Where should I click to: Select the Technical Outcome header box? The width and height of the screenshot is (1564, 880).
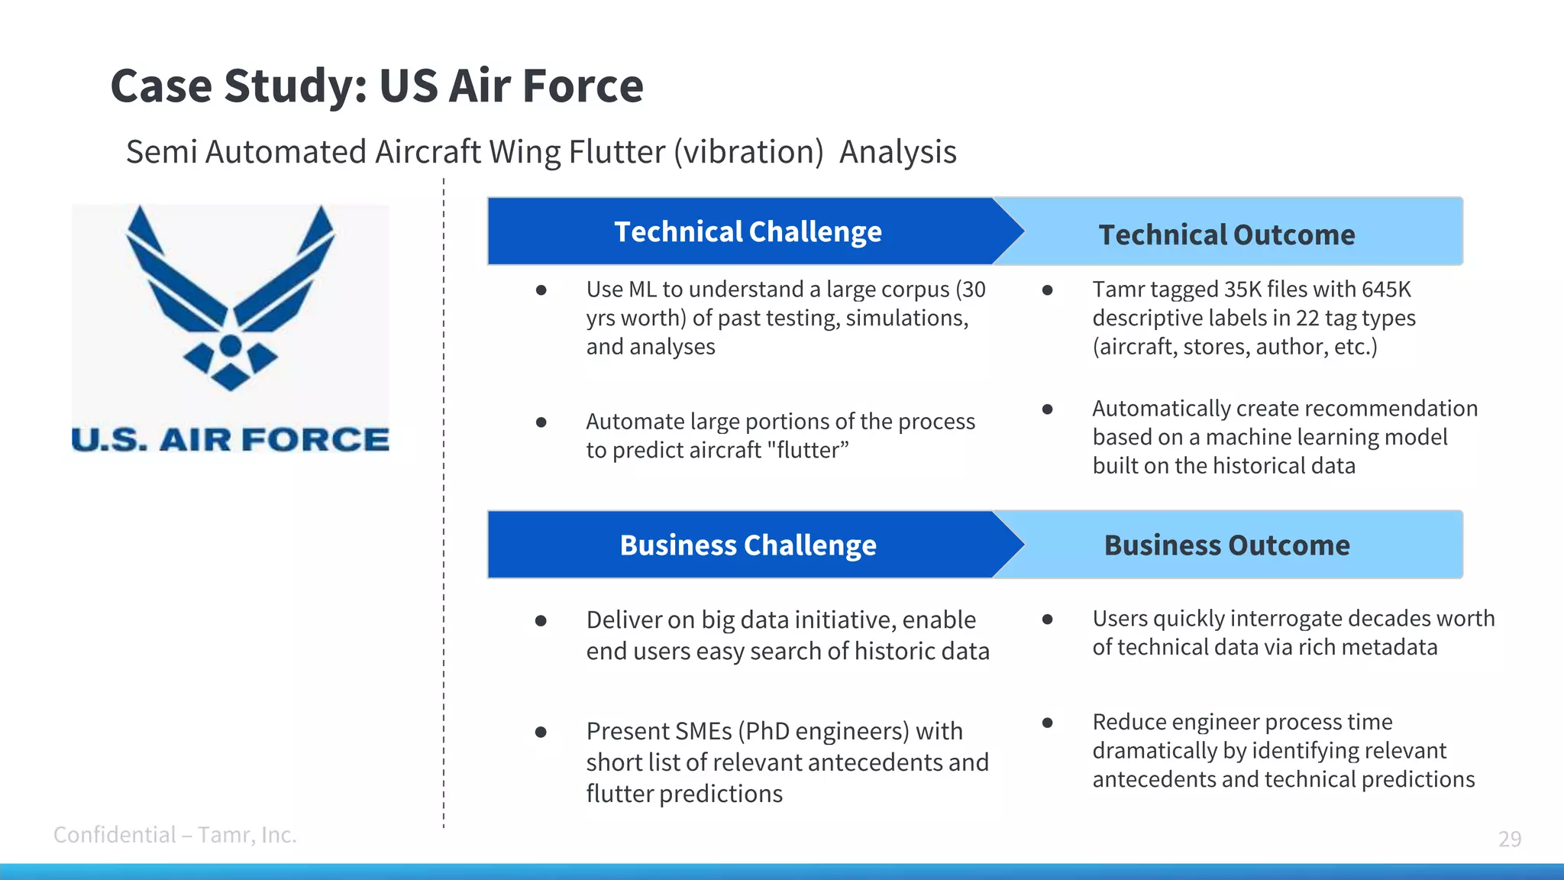point(1226,234)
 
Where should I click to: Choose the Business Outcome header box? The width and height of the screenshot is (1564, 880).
point(1226,545)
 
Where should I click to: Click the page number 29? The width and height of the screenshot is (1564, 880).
point(1509,839)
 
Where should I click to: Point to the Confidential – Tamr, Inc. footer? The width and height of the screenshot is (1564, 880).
point(175,834)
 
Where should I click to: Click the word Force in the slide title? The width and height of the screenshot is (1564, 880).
point(583,86)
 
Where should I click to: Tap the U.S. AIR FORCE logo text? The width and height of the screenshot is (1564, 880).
point(230,439)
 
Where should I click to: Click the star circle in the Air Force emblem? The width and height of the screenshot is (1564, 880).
point(231,347)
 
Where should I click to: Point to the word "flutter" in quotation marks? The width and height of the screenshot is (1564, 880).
point(809,450)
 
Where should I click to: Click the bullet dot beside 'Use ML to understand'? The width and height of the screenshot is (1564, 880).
point(541,290)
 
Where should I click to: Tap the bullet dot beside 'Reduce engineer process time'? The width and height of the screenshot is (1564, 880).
point(1047,722)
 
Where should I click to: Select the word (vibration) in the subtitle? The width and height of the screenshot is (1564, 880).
point(748,152)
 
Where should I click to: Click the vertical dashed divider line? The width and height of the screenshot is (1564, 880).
point(444,504)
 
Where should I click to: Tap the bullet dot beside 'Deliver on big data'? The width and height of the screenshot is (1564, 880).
point(541,620)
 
